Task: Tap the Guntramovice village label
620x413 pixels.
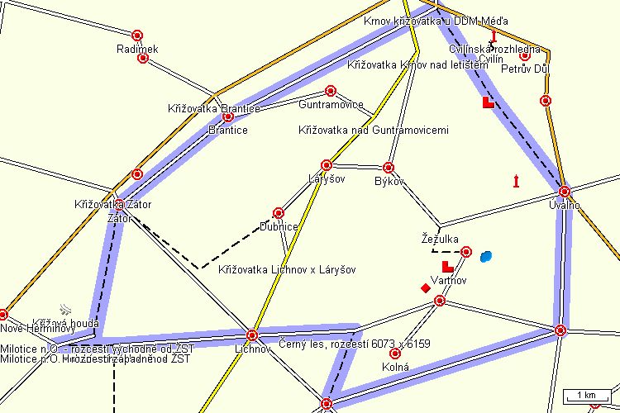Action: (331, 105)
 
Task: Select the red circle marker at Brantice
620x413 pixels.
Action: (228, 117)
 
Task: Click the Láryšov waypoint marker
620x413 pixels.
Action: (327, 165)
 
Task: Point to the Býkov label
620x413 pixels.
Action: (389, 180)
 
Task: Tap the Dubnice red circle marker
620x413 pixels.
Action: (279, 213)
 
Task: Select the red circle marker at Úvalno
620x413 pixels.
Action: (565, 192)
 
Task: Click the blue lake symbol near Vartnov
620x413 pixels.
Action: (485, 256)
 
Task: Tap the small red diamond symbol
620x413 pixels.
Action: (426, 287)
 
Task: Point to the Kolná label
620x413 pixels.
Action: (396, 366)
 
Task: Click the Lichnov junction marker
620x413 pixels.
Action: (252, 335)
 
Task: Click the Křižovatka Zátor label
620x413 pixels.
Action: (113, 204)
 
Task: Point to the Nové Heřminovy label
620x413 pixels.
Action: (38, 329)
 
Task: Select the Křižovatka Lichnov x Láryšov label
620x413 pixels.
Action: (288, 269)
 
